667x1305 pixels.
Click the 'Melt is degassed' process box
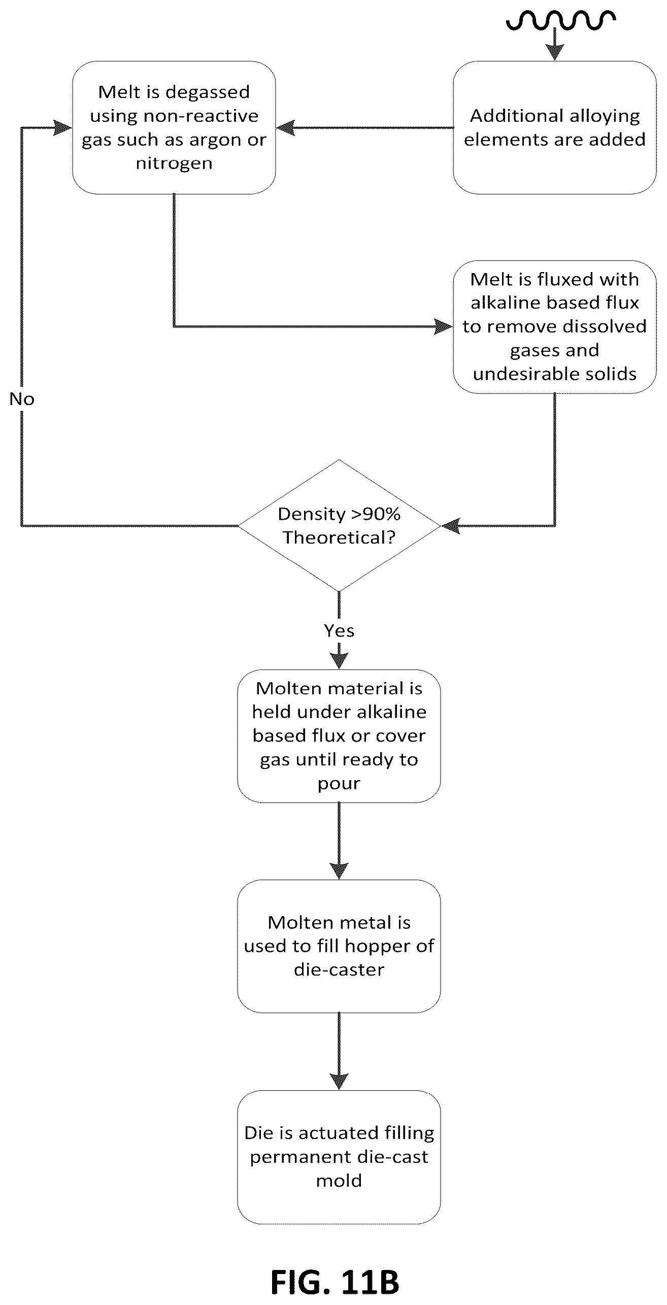[x=174, y=127]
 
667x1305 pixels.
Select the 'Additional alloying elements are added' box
[x=554, y=127]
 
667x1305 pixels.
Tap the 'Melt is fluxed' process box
[x=554, y=327]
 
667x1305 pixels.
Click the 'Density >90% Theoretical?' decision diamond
[x=339, y=525]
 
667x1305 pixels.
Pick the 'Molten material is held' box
[x=339, y=736]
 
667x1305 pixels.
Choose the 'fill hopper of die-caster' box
[x=339, y=946]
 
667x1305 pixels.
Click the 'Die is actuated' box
[x=339, y=1157]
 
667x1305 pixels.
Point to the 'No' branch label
[x=22, y=399]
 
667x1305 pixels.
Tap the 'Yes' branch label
[x=339, y=630]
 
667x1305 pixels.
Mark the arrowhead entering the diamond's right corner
[x=450, y=526]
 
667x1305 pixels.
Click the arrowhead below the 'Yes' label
[x=339, y=661]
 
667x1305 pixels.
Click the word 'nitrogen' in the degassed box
[x=174, y=164]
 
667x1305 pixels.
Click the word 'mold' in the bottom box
[x=339, y=1181]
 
